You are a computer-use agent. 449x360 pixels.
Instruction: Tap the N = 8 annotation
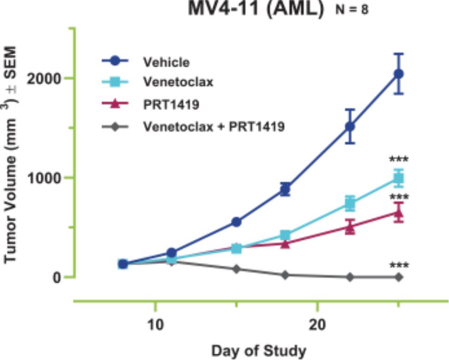click(352, 10)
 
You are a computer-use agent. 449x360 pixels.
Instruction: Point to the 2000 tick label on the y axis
click(44, 78)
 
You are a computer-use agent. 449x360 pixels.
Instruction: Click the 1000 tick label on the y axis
click(44, 178)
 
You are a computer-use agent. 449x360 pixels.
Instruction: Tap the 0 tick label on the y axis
click(57, 277)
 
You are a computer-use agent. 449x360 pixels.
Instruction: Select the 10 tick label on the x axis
click(156, 325)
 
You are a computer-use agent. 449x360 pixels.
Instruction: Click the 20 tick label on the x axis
click(317, 325)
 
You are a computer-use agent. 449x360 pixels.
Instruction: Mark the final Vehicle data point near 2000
click(399, 74)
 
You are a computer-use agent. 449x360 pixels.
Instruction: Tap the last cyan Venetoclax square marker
click(399, 179)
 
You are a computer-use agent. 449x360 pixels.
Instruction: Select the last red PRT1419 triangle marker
click(399, 213)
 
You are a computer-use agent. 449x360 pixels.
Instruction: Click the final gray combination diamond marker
click(399, 277)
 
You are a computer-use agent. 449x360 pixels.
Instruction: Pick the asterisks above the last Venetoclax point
click(399, 159)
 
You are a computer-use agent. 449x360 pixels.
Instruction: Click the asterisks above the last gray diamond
click(399, 265)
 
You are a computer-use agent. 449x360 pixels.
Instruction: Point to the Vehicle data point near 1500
click(350, 126)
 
